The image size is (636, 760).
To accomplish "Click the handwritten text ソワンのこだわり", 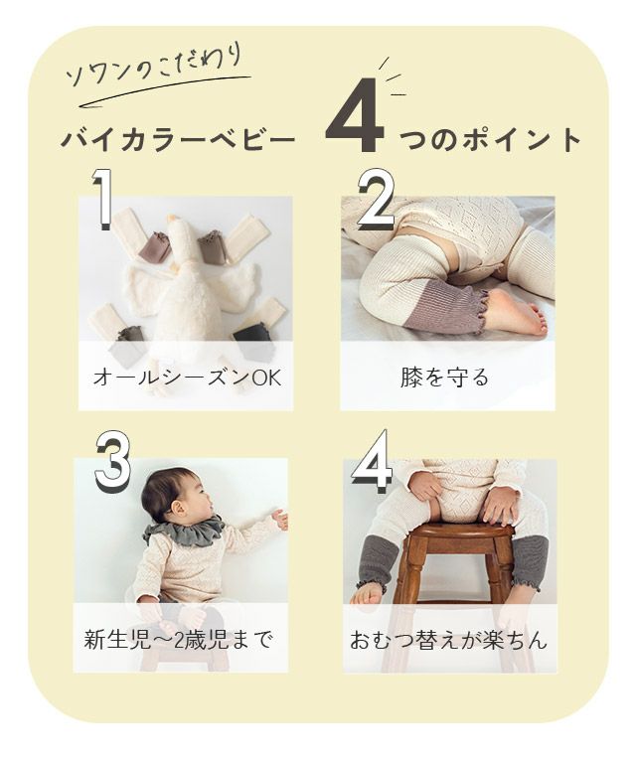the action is tap(154, 67).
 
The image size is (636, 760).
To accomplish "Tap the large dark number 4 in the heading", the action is tap(356, 115).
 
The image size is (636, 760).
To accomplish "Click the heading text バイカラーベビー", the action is tap(178, 140).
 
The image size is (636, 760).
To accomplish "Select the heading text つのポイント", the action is tap(490, 140).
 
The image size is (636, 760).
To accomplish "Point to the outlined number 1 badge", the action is tap(102, 199).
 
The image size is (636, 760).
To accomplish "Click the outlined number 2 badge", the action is tap(377, 200).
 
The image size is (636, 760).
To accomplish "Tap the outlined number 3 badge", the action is tap(113, 460).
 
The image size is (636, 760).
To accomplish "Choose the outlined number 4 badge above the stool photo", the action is tap(373, 459).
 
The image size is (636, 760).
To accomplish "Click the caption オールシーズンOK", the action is tap(187, 378).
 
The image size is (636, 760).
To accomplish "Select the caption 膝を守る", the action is tap(444, 378).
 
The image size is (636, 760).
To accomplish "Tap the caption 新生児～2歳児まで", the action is tap(178, 640).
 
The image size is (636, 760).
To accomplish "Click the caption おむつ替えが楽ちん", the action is tap(448, 640).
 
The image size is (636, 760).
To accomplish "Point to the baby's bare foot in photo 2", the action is tap(516, 312).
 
